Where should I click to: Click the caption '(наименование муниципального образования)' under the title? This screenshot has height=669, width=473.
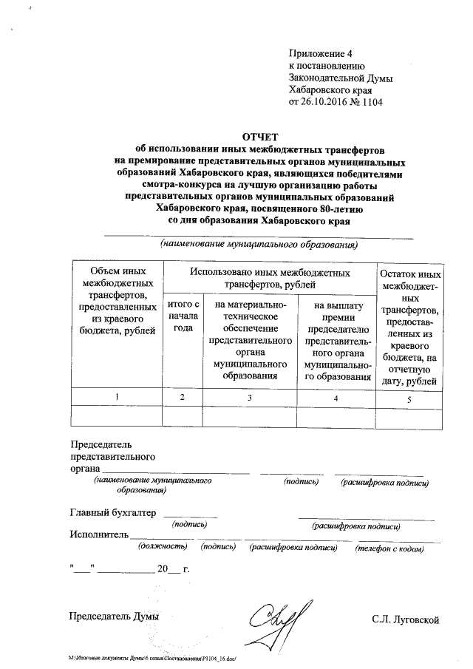(x=259, y=243)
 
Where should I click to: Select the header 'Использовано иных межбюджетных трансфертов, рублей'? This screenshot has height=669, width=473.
(x=269, y=278)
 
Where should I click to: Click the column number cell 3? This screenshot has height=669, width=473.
(x=249, y=398)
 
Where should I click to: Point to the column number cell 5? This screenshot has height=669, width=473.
(x=409, y=398)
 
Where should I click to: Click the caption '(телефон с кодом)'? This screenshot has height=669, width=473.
(x=389, y=549)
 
